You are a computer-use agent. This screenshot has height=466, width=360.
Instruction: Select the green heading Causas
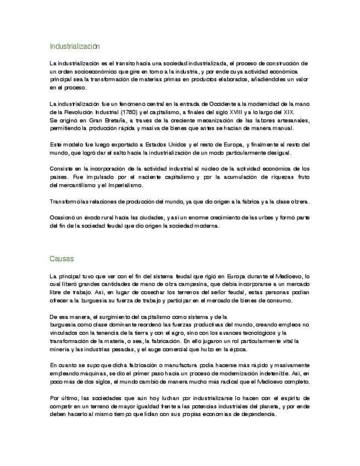point(62,258)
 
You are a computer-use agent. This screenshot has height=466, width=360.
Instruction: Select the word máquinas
point(84,373)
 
